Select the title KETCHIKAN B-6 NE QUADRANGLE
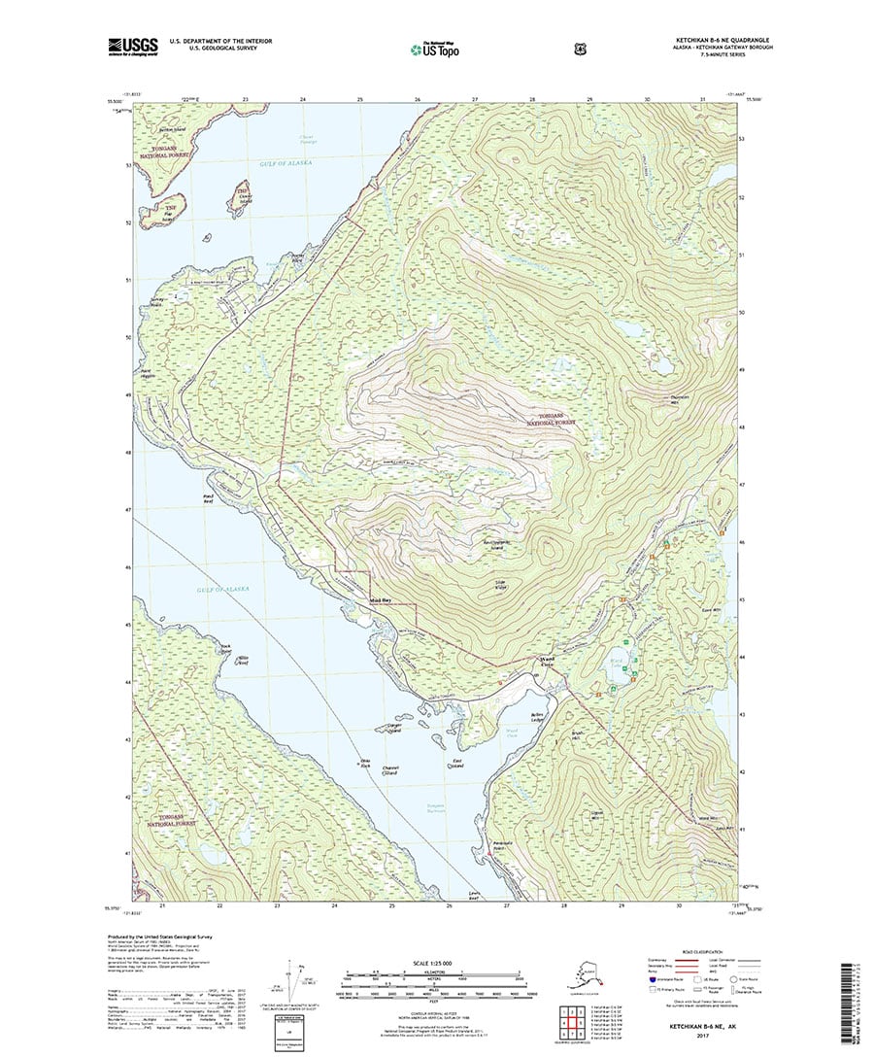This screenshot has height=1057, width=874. (719, 40)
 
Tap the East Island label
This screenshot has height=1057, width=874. (456, 764)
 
